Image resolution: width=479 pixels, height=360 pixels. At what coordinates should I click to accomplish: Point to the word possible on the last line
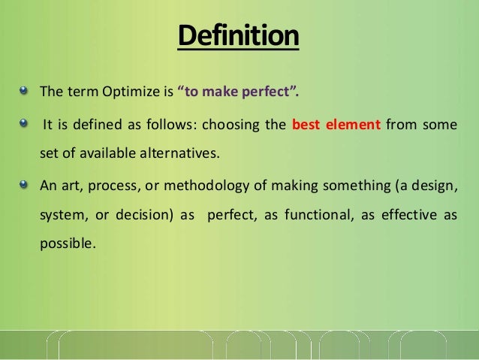(x=68, y=245)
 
